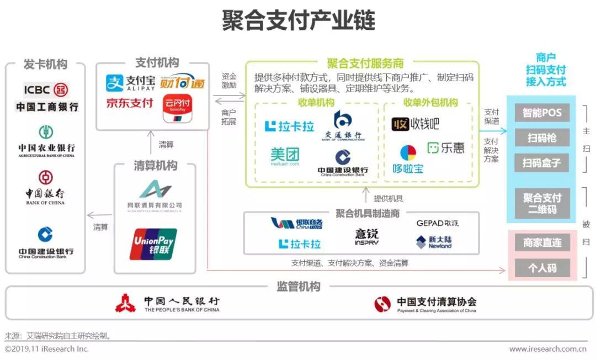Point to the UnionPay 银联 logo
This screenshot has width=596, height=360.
(x=153, y=244)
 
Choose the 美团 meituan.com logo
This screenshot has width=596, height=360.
(x=285, y=156)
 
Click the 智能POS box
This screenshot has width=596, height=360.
(x=541, y=113)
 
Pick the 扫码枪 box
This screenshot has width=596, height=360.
(x=541, y=138)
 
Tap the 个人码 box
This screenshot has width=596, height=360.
(x=541, y=268)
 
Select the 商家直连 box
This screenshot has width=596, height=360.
(x=541, y=242)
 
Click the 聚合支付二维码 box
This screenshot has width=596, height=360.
(x=541, y=204)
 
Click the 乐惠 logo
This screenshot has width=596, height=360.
(x=446, y=148)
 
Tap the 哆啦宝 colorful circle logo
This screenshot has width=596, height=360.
(x=408, y=152)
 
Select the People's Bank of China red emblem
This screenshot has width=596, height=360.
(x=125, y=303)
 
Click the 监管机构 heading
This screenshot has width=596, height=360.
(x=298, y=287)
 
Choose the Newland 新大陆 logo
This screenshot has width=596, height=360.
(x=434, y=242)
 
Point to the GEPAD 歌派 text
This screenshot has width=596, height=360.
(x=438, y=223)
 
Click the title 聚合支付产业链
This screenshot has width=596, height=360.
(x=298, y=20)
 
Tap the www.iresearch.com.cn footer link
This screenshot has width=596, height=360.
(x=547, y=349)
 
